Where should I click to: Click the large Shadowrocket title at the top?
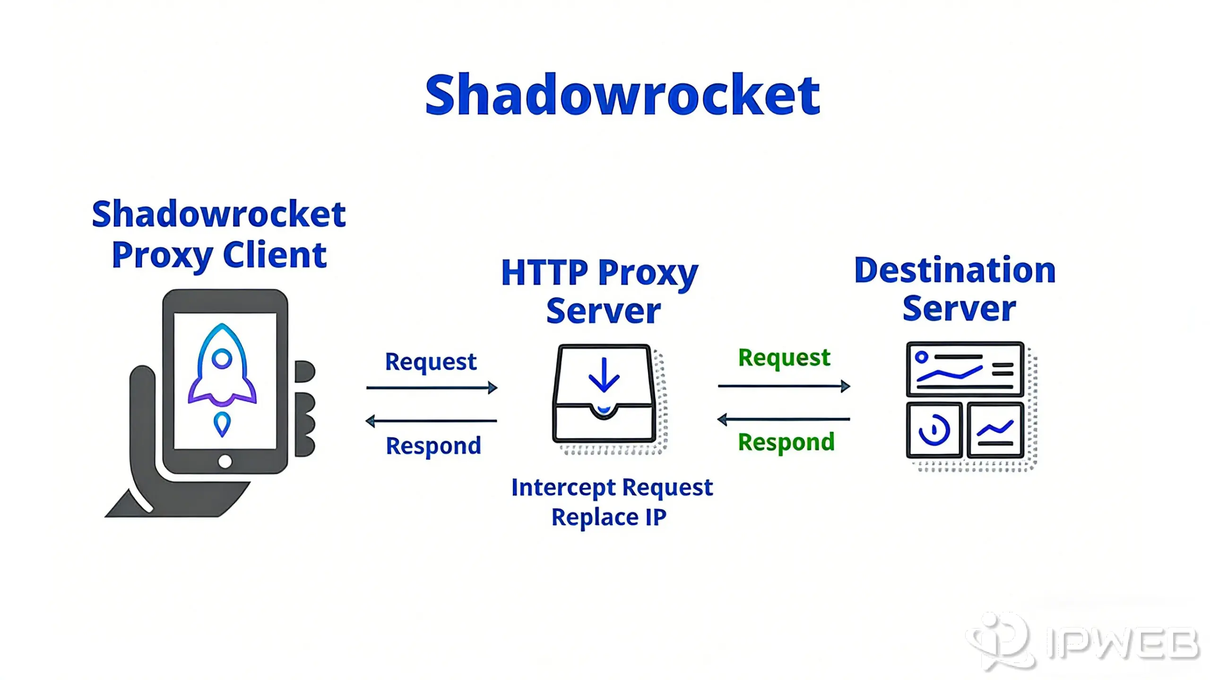pyautogui.click(x=622, y=95)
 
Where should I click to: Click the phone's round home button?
pyautogui.click(x=225, y=461)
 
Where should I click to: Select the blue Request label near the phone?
pyautogui.click(x=431, y=362)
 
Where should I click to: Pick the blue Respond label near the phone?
pyautogui.click(x=433, y=446)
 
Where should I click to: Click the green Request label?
pyautogui.click(x=784, y=358)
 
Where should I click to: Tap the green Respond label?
pyautogui.click(x=786, y=442)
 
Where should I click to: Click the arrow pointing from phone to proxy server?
pyautogui.click(x=432, y=388)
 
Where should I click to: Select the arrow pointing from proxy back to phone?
pyautogui.click(x=432, y=421)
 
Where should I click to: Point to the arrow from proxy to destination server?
pyautogui.click(x=784, y=387)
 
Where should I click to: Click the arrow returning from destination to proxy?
pyautogui.click(x=784, y=419)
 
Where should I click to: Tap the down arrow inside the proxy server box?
pyautogui.click(x=604, y=376)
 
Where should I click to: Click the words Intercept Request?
pyautogui.click(x=612, y=488)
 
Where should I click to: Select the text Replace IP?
pyautogui.click(x=609, y=517)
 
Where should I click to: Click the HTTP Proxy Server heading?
pyautogui.click(x=600, y=292)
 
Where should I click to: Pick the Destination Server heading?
pyautogui.click(x=955, y=289)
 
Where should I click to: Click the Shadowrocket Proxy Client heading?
pyautogui.click(x=219, y=234)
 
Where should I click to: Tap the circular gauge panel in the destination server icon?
pyautogui.click(x=934, y=430)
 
